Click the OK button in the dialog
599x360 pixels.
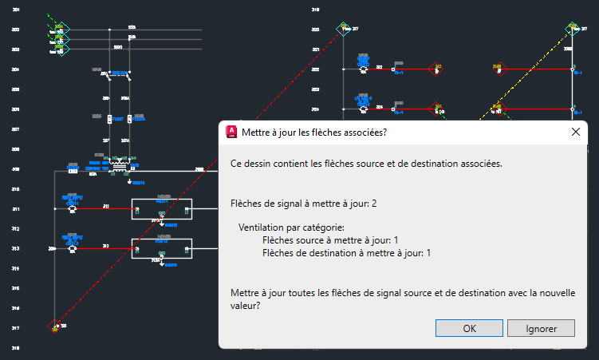[470, 327]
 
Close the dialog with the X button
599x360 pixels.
[576, 133]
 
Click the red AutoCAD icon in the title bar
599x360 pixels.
[232, 133]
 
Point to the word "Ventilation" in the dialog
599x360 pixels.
[263, 227]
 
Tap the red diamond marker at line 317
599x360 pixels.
[54, 326]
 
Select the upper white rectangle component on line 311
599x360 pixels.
[162, 209]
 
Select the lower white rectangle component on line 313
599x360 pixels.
[162, 249]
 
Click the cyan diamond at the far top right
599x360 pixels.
[571, 30]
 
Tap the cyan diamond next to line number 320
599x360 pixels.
[345, 30]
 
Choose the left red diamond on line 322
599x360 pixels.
[435, 69]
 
